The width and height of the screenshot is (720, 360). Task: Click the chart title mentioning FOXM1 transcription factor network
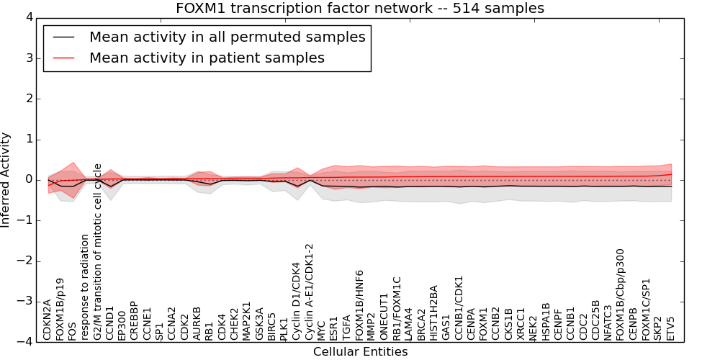tap(360, 8)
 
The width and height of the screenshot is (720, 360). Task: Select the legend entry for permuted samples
tap(227, 37)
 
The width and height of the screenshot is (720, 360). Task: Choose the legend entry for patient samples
tap(207, 58)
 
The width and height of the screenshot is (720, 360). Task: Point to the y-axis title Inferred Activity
tap(6, 179)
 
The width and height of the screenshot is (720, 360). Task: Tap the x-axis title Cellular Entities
tap(360, 352)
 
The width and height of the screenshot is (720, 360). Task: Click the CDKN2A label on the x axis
tap(48, 320)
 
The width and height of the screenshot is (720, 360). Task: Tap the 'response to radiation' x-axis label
tap(85, 287)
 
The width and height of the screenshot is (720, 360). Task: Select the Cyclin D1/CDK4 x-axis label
tap(295, 302)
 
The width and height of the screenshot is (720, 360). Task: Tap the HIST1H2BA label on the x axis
tap(433, 313)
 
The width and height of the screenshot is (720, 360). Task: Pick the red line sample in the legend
tap(63, 58)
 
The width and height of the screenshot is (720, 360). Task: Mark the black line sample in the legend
tap(63, 37)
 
